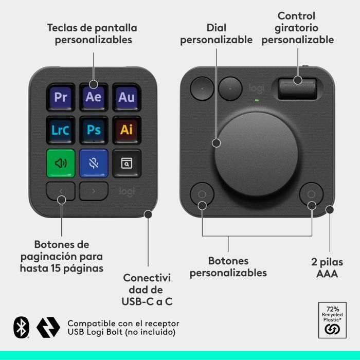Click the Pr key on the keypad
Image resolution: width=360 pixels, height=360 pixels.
point(61,97)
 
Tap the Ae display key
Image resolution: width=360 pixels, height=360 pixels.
point(94,97)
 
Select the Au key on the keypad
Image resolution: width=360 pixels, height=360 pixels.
point(126,97)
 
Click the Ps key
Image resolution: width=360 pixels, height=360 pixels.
point(94,130)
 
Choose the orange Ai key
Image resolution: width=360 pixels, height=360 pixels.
point(126,130)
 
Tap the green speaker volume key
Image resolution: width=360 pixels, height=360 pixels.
point(61,163)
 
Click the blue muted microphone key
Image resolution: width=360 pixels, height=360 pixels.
point(94,163)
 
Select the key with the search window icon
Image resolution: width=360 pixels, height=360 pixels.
point(126,163)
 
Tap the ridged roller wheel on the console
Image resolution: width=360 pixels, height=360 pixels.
point(297,88)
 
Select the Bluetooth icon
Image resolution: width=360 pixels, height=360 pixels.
point(21,327)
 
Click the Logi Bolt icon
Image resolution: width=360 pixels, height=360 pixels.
point(48,327)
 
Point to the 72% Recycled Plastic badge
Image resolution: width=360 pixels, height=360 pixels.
point(332,319)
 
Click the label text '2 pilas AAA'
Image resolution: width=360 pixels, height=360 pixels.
point(327,268)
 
